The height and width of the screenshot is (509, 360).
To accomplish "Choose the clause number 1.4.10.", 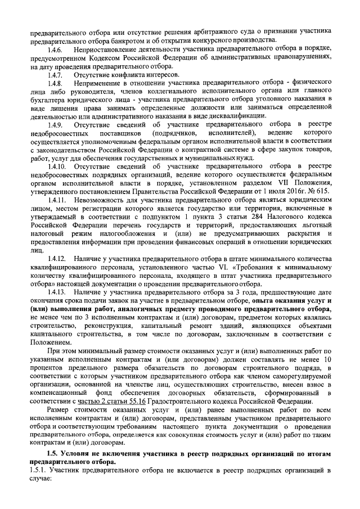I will coord(56,166).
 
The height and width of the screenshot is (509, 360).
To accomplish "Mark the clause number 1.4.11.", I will coord(56,200).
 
